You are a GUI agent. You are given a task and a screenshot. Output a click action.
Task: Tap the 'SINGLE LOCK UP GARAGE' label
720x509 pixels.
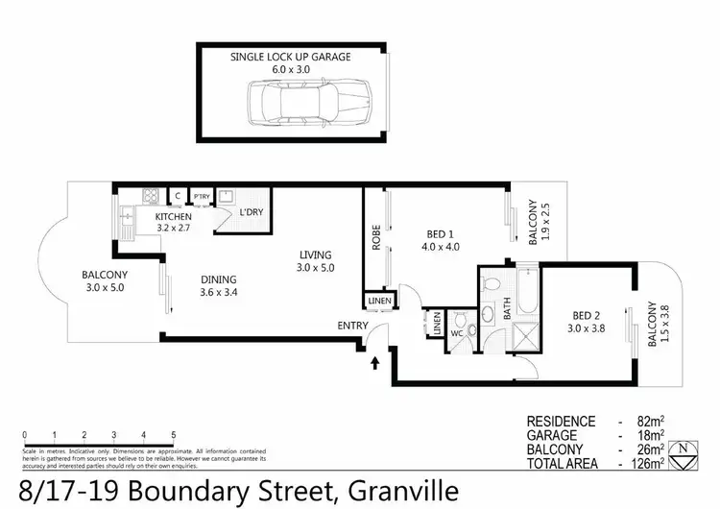point(290,58)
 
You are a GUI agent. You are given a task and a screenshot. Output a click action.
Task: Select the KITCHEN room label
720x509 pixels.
point(175,217)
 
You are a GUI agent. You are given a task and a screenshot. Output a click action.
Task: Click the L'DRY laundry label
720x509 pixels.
point(252,212)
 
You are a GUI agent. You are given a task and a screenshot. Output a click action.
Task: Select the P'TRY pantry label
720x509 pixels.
point(202,197)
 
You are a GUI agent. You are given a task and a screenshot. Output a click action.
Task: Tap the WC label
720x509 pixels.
point(458,338)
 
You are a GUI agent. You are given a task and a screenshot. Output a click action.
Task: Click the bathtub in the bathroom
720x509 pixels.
point(526,292)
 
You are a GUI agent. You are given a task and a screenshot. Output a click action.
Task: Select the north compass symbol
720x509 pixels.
point(683,455)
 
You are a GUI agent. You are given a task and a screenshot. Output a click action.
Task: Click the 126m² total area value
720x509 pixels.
point(650,463)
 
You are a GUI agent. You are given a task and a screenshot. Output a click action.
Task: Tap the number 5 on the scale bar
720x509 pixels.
point(173,434)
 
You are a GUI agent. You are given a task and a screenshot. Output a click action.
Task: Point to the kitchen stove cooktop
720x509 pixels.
point(151,196)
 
